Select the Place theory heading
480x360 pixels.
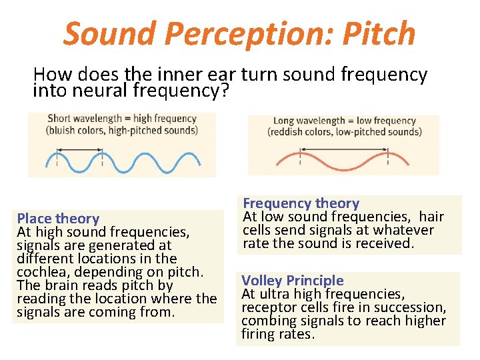58,219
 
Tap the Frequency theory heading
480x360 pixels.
301,203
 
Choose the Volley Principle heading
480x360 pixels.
293,281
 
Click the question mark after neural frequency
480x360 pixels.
223,91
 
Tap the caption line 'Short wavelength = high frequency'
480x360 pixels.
122,119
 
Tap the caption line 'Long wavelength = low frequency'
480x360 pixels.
344,121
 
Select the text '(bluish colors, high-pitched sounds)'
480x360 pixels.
122,130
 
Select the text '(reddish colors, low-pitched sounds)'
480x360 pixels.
344,131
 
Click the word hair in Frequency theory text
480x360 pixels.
431,217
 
